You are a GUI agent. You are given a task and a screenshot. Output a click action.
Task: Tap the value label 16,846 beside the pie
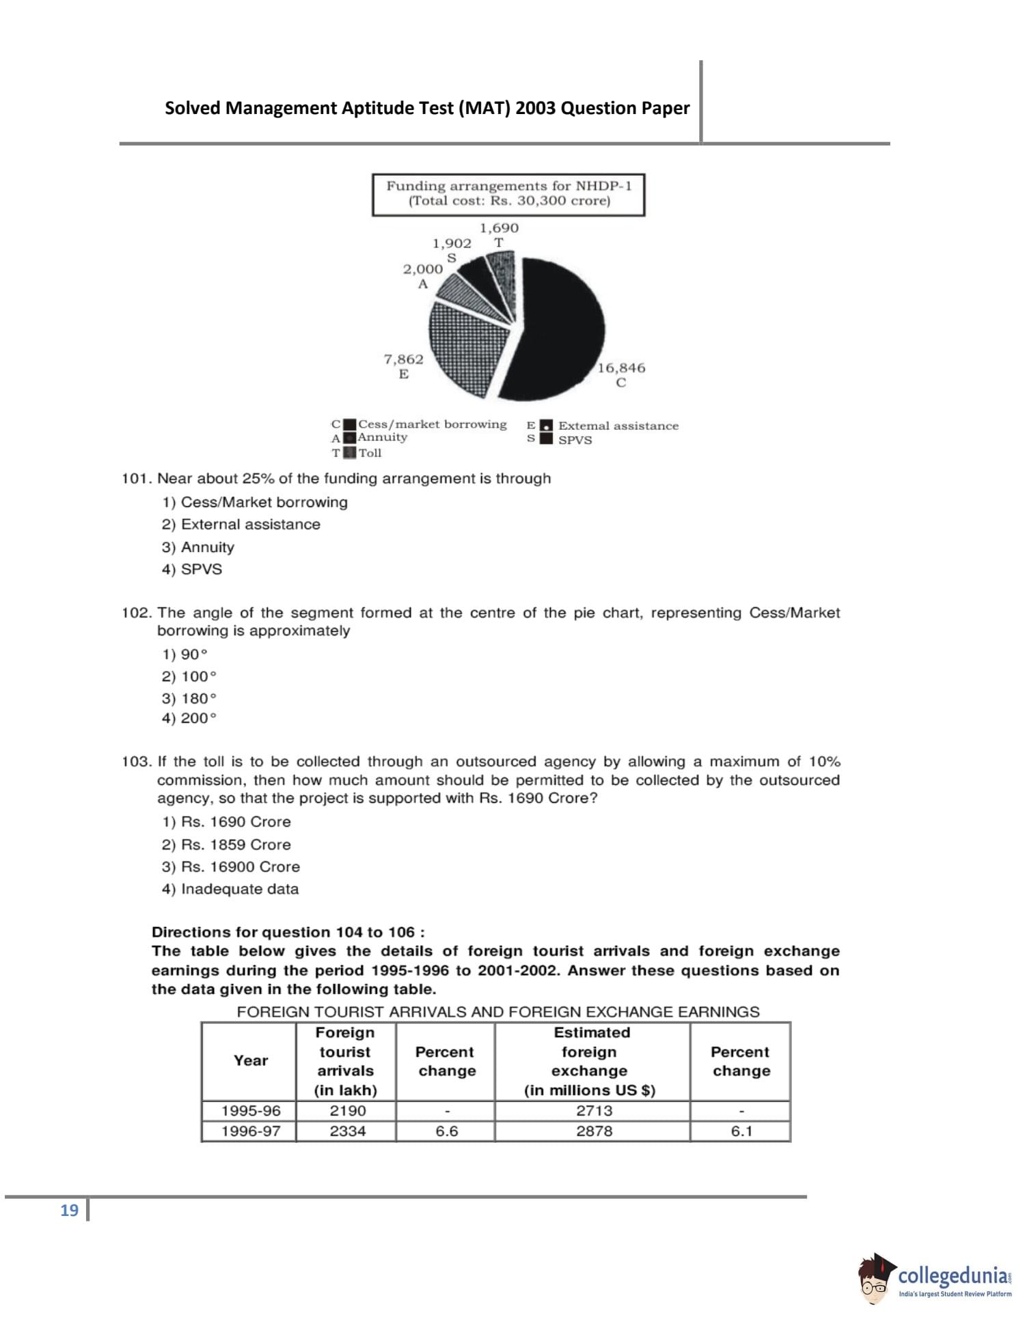(620, 368)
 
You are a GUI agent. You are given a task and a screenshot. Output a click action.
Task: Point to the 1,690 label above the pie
(498, 227)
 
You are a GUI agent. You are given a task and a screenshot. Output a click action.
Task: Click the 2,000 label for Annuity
(422, 269)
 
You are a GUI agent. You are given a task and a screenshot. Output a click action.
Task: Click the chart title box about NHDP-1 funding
(508, 194)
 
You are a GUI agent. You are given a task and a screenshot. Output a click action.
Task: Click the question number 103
(135, 762)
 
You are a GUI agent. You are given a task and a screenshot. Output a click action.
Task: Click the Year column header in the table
(250, 1060)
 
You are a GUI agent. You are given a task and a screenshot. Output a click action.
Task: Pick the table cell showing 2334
(347, 1131)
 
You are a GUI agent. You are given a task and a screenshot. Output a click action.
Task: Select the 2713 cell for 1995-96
(594, 1111)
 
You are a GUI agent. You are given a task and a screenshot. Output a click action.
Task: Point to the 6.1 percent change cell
(741, 1131)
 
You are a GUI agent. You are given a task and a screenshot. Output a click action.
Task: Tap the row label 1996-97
(250, 1131)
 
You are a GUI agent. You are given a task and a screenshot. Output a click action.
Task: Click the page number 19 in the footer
(69, 1211)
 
